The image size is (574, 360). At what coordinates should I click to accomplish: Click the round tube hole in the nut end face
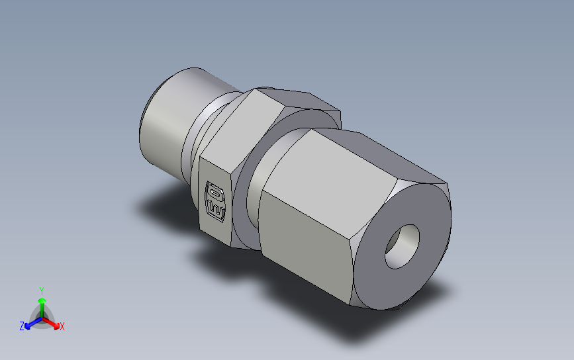point(403,246)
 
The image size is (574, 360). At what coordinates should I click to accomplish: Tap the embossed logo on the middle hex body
point(216,200)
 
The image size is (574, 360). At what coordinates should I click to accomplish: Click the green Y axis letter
point(42,291)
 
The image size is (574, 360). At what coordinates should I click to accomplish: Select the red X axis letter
point(62,326)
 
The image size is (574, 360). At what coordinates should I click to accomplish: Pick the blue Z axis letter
point(22,326)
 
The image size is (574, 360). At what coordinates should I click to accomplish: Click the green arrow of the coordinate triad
point(42,304)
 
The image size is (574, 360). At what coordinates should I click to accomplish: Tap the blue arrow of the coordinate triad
point(30,324)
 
